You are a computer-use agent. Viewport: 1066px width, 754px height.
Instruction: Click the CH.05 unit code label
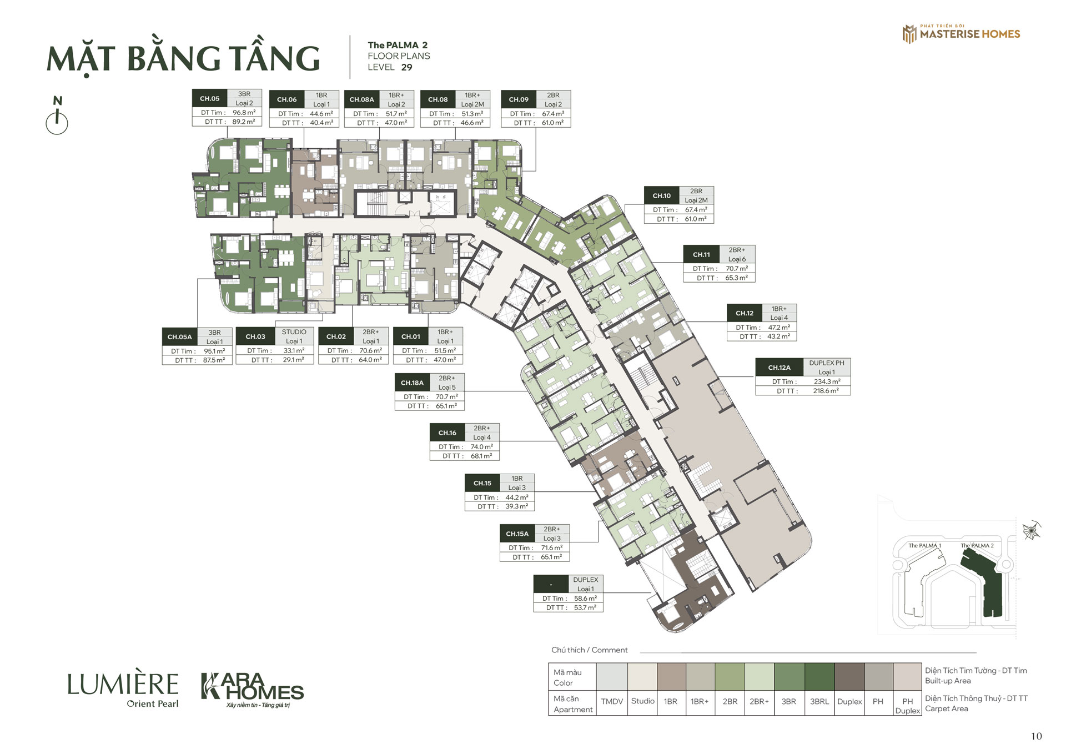point(210,98)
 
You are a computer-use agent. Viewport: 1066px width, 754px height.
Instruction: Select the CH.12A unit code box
point(780,368)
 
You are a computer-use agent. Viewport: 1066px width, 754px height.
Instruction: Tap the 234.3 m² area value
point(827,381)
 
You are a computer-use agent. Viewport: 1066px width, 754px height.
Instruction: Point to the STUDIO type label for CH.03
point(294,332)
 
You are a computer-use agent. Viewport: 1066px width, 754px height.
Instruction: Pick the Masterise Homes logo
point(962,34)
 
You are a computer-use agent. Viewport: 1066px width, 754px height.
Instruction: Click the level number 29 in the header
point(407,67)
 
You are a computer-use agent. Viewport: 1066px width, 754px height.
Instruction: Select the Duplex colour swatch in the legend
point(849,676)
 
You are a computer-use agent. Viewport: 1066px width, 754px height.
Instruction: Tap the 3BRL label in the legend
point(819,702)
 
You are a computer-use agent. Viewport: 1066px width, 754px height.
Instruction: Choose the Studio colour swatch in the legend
point(642,676)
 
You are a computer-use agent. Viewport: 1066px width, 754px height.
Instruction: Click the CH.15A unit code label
point(517,534)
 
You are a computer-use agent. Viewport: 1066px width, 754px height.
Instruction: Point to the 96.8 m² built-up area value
point(244,113)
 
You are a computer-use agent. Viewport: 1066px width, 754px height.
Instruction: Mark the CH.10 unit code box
point(662,195)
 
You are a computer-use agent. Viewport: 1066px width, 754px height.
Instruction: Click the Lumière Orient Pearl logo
point(123,691)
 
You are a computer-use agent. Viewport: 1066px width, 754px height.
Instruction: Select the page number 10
point(1036,736)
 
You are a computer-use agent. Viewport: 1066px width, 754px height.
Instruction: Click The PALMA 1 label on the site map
point(924,545)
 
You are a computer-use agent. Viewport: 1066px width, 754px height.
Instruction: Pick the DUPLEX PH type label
point(827,363)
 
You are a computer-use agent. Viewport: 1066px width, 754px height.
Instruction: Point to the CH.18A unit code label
point(413,383)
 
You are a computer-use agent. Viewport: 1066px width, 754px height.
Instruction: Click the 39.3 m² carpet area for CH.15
point(517,506)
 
